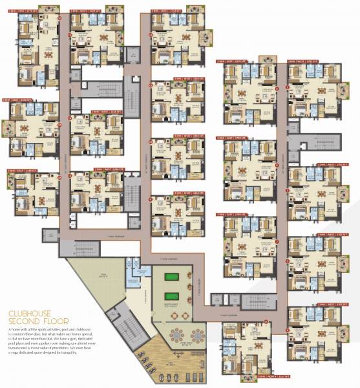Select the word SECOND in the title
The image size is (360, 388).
coord(24,321)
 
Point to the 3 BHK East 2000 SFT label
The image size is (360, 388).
coord(20,100)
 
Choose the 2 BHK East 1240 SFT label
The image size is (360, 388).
coord(19,171)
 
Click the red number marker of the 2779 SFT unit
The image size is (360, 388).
coord(60,18)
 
